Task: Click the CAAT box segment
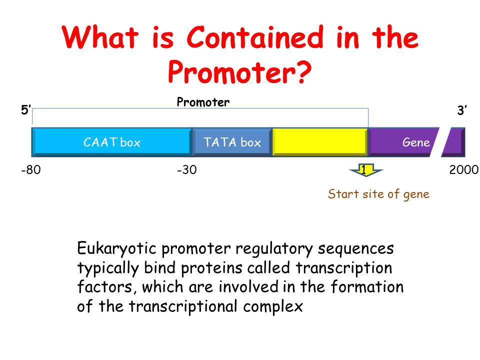coord(111,142)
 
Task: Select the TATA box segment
coord(232,142)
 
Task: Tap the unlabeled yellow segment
coord(320,142)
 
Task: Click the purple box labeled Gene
coord(402,142)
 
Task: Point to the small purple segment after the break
coord(456,142)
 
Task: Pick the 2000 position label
coord(464,170)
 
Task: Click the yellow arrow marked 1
coord(365,171)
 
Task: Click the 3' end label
coord(461,111)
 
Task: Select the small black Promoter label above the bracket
coord(203,102)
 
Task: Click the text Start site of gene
coord(378,194)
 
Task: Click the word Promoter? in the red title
coord(239,73)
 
